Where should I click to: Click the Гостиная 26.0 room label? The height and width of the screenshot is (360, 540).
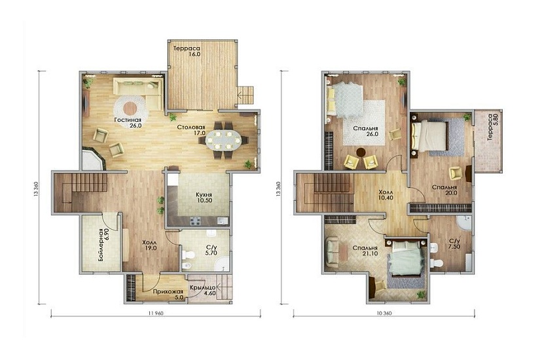pos(128,122)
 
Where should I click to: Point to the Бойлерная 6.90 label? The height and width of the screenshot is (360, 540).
pos(103,245)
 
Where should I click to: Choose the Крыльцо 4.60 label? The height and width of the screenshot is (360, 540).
pos(203,291)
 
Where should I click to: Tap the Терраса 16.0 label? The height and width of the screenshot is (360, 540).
pos(187,51)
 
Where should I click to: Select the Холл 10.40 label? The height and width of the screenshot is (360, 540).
pos(386,195)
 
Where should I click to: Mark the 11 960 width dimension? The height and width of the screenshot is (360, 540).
pos(156,313)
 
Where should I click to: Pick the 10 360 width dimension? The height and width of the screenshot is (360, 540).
pos(384,313)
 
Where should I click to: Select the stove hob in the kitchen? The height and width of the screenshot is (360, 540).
pos(195,221)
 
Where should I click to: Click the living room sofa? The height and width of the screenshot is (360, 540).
pos(139,92)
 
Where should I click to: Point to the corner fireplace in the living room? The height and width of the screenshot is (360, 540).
pos(93,158)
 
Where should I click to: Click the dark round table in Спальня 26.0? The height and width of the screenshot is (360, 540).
pos(361,152)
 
